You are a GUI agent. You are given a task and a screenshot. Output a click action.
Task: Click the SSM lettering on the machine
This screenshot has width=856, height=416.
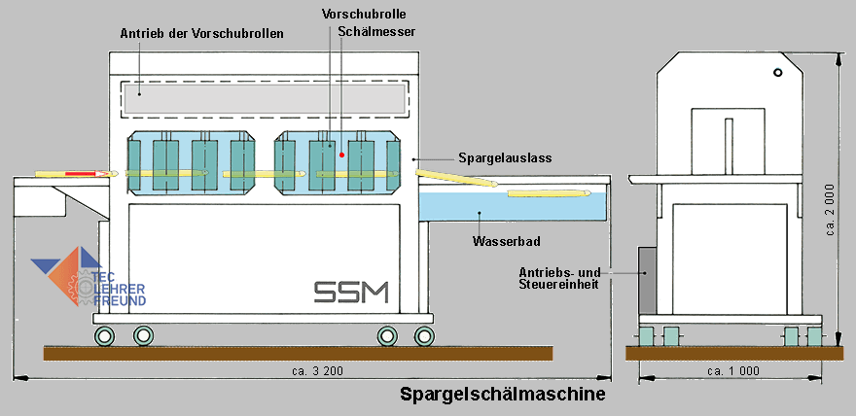tap(351, 291)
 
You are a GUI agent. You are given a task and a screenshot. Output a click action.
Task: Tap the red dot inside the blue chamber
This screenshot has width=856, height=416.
tap(341, 154)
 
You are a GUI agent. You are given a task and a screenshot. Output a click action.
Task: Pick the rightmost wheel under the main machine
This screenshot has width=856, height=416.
tap(424, 336)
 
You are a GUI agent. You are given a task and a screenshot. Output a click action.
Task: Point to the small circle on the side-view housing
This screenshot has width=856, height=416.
tap(776, 74)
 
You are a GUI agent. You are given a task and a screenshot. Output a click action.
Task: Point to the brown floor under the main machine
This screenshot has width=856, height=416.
tap(298, 353)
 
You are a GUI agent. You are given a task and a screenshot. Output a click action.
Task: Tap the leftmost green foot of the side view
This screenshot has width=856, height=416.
tap(646, 336)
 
